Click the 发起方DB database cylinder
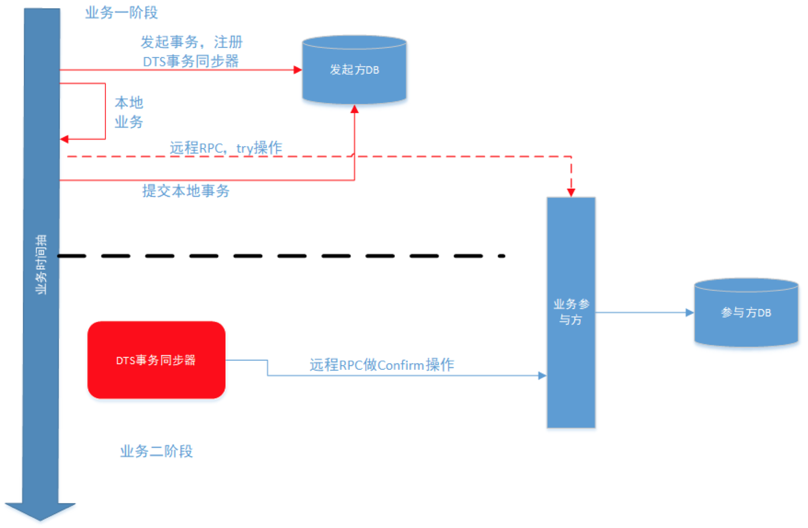(354, 70)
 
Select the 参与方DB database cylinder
(746, 313)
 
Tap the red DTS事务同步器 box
(156, 360)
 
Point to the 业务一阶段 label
(121, 13)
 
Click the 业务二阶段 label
(156, 451)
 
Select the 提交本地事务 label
(186, 190)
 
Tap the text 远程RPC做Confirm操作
(382, 365)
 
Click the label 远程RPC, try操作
(226, 148)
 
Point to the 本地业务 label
(129, 112)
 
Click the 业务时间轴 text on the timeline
(42, 264)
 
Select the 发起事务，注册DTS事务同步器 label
(191, 51)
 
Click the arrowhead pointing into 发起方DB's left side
(298, 70)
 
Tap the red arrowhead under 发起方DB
(354, 109)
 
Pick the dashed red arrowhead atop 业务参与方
(571, 192)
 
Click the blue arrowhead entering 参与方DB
(689, 313)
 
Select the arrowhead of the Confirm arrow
(542, 375)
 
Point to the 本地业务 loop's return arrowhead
(64, 139)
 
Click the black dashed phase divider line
(280, 256)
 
